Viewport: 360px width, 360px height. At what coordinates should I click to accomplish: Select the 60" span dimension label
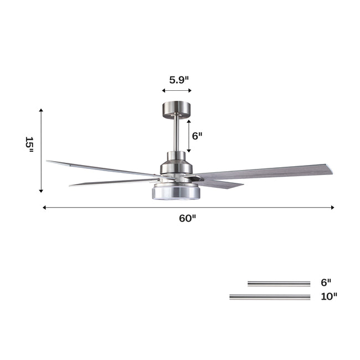188,218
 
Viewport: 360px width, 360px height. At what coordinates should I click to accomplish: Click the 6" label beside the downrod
197,136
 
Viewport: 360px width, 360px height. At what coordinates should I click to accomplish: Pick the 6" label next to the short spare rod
326,282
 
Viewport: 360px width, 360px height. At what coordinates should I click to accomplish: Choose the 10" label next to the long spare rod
328,296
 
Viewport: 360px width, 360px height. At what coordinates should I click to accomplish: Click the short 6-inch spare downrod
279,284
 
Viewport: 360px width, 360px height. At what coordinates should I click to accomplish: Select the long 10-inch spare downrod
270,297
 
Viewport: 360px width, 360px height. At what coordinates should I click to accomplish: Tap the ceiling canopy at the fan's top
176,107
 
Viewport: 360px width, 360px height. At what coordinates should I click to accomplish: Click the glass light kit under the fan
176,191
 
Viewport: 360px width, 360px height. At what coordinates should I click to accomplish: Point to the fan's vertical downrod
176,133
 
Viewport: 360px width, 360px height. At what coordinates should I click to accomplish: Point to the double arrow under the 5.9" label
177,90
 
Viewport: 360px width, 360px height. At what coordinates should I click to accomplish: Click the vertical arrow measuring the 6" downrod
189,136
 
